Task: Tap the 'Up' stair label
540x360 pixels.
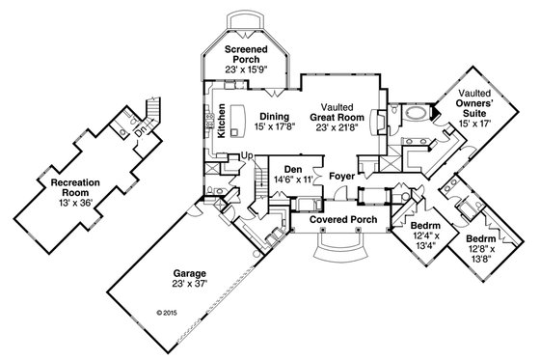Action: [x=247, y=154]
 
